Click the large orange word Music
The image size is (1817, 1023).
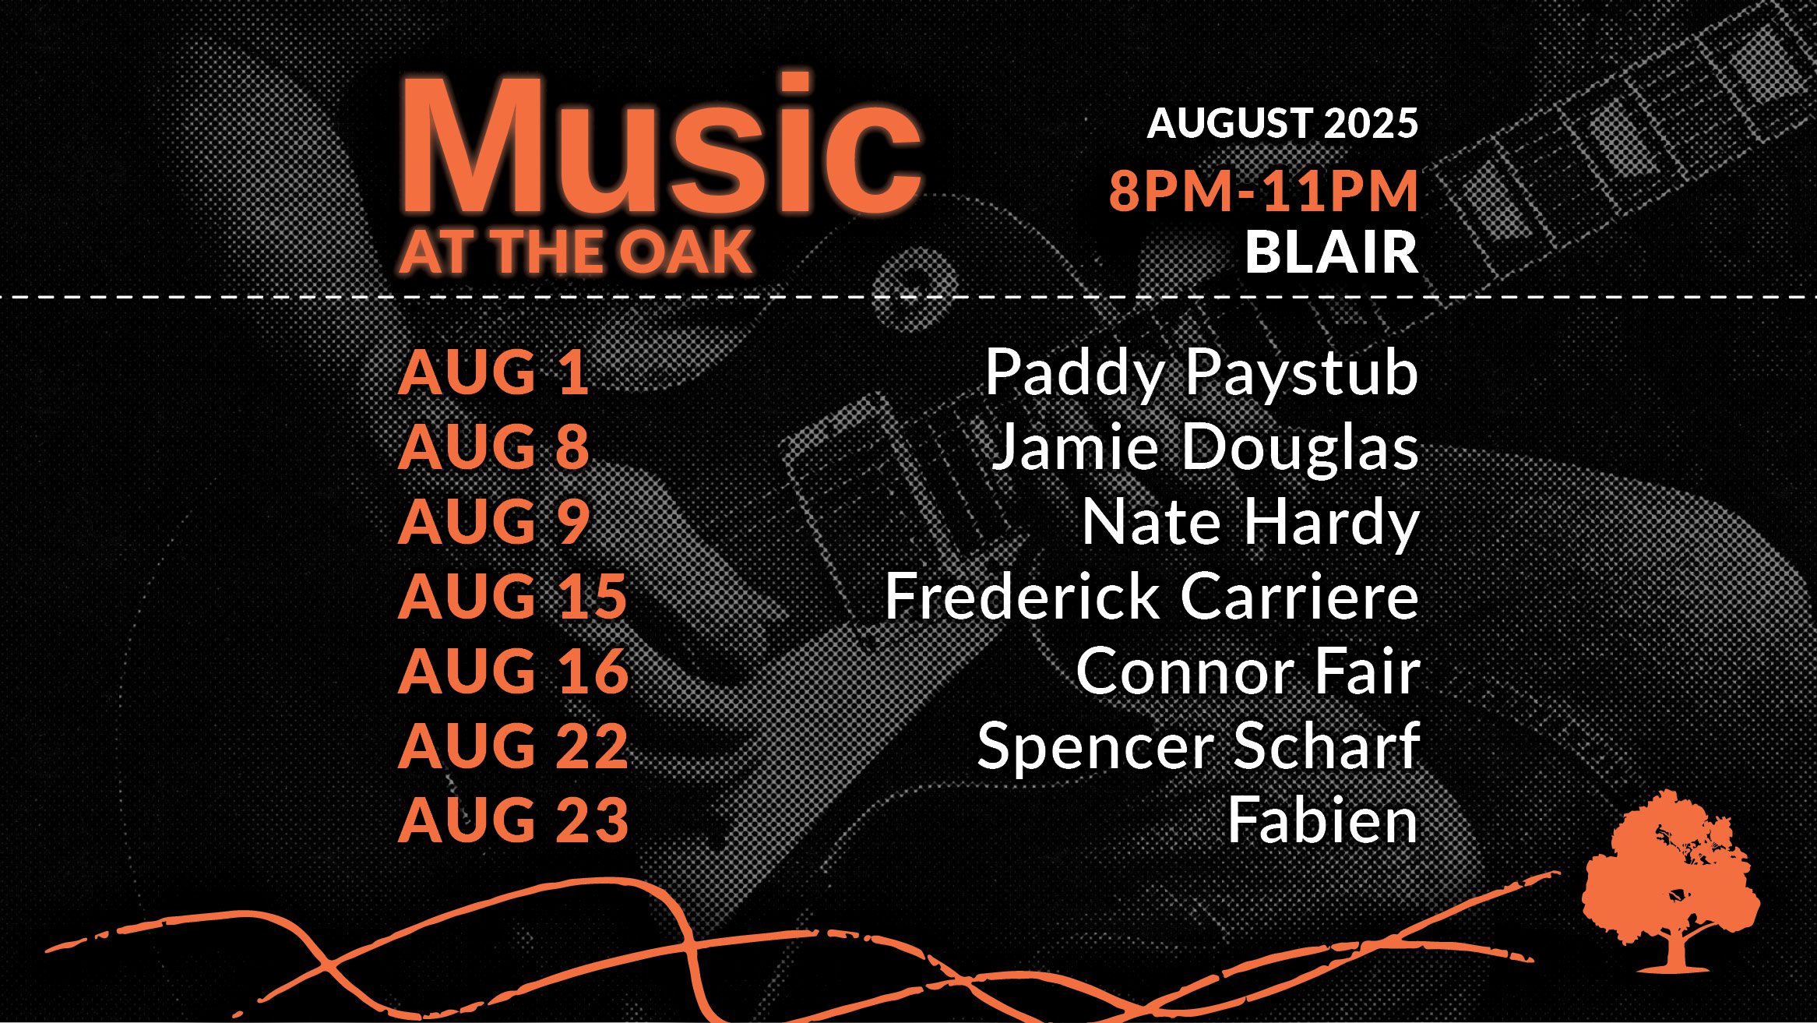click(660, 145)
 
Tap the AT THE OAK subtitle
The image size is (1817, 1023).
click(576, 252)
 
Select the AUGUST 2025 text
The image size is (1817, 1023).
click(1283, 123)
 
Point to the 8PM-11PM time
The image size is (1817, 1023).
click(1263, 191)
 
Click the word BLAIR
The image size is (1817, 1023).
click(1332, 252)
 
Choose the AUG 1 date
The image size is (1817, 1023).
click(493, 372)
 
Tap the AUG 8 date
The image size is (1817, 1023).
click(494, 446)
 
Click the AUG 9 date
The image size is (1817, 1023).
click(494, 521)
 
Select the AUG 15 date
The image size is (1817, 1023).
click(512, 596)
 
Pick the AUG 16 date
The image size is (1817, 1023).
click(513, 671)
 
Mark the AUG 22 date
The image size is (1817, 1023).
click(513, 746)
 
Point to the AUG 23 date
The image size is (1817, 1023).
click(513, 820)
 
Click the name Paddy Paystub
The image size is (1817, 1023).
click(1202, 374)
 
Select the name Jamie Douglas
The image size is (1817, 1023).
click(1204, 448)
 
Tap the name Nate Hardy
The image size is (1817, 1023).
click(1251, 524)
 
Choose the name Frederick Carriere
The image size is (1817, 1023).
click(1152, 596)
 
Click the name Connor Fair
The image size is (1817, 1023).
click(1248, 671)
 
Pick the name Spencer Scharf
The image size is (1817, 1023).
click(1199, 746)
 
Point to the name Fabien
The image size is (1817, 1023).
click(1323, 820)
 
